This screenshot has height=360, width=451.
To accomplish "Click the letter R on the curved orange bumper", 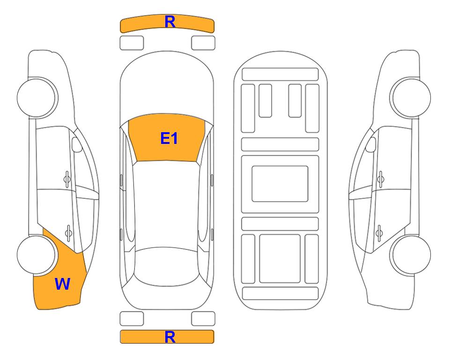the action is (x=170, y=22).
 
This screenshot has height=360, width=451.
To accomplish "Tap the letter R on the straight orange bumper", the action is (x=170, y=337).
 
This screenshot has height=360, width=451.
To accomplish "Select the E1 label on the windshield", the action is (x=169, y=138).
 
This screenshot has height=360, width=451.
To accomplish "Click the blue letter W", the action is (x=62, y=284).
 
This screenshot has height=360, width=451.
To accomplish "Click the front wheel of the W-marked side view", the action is (x=37, y=97).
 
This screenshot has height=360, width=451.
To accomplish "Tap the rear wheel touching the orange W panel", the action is (x=37, y=255).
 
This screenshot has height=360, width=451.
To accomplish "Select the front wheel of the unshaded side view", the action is (x=411, y=97).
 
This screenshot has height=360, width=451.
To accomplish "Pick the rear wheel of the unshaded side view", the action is (x=411, y=255).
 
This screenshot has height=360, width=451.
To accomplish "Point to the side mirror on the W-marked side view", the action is (x=77, y=144).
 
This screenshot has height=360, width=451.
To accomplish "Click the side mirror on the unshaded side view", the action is (x=370, y=144).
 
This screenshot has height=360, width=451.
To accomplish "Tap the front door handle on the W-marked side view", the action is (x=67, y=179).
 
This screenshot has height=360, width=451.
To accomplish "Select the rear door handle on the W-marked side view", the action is (x=68, y=232).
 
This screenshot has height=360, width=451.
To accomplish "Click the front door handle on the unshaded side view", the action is (x=381, y=179).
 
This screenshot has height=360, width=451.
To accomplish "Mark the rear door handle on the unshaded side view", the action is (x=379, y=232).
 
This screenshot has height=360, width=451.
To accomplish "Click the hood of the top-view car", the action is (x=167, y=86).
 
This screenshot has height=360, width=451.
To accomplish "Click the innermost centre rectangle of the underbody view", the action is (x=280, y=184).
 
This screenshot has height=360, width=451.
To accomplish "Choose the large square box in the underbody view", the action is (x=280, y=259).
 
